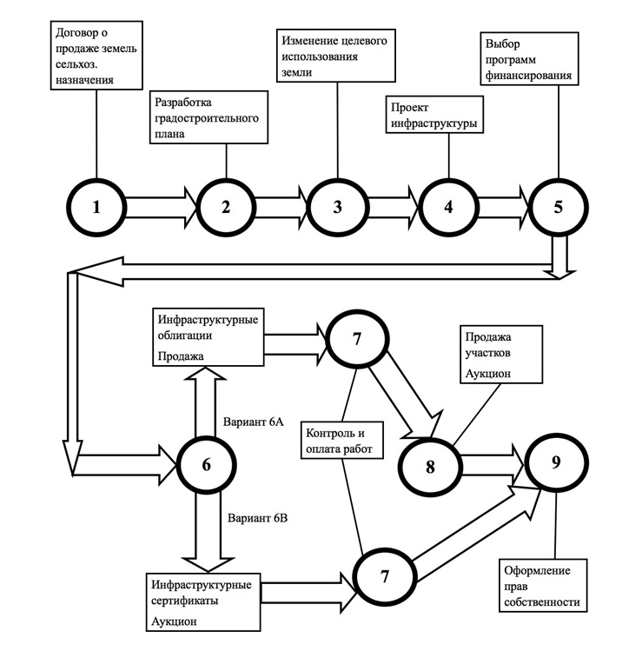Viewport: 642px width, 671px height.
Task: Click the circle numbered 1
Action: point(96,208)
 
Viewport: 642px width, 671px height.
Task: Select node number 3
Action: point(337,208)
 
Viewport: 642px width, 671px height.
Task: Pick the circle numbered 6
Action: point(206,464)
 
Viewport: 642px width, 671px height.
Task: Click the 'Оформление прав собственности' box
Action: point(541,587)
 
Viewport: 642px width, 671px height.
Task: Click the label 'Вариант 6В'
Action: point(257,519)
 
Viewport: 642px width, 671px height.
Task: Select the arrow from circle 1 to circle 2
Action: point(160,208)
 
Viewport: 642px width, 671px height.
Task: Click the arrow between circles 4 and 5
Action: point(502,208)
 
